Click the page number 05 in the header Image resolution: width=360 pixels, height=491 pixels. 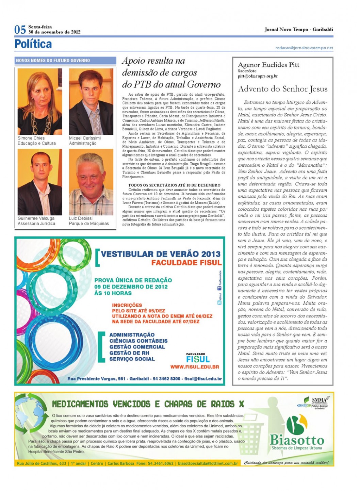20,30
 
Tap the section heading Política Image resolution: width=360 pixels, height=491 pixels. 33,44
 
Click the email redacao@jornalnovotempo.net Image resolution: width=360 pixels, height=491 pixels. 304,48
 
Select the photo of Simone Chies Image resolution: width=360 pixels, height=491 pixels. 40,101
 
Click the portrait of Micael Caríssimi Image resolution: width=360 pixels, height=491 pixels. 91,101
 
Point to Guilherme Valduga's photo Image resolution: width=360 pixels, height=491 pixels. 40,182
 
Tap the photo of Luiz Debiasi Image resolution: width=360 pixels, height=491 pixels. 91,182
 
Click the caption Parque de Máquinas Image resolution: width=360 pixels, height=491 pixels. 89,224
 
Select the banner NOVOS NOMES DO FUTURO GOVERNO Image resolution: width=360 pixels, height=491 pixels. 53,61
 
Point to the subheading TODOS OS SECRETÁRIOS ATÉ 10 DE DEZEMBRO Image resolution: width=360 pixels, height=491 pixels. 174,185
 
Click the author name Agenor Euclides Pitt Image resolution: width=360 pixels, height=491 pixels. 268,65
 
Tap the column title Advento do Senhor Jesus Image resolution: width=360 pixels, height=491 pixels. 282,89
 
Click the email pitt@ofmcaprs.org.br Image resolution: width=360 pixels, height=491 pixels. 258,77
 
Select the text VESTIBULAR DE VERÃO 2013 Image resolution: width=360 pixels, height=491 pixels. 161,254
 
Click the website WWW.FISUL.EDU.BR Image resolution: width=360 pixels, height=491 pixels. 194,367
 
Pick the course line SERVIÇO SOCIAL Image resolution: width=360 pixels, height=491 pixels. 132,359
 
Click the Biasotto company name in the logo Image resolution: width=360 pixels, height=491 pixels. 297,439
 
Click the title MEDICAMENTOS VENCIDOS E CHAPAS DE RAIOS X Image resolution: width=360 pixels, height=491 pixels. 148,404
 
